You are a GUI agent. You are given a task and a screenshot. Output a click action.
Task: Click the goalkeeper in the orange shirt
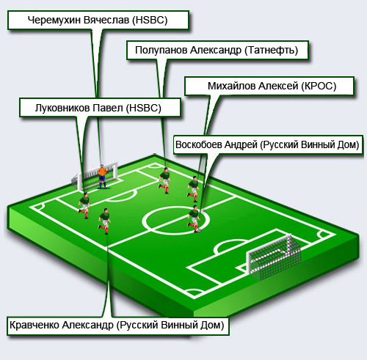tap(102, 177)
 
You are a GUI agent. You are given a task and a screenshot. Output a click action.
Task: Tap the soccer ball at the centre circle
tap(199, 230)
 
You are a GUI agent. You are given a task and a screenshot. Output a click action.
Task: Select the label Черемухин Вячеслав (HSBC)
tap(98, 20)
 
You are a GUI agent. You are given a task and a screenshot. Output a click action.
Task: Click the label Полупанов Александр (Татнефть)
tap(217, 50)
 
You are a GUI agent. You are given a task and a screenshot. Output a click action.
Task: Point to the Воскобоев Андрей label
tap(267, 144)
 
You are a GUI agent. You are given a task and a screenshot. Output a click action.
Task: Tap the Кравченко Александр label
tap(117, 326)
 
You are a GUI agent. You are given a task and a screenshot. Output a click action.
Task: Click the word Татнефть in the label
tap(272, 51)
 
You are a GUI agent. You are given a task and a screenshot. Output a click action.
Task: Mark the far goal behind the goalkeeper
tap(95, 177)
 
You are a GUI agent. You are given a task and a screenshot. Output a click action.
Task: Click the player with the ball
tap(194, 218)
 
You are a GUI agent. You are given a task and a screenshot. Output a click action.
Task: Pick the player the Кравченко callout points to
tap(105, 221)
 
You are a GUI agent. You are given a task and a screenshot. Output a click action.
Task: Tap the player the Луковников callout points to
tap(84, 205)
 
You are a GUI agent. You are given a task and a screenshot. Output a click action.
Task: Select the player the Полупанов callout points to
tap(164, 180)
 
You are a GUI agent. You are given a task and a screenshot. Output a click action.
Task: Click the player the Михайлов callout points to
tap(194, 189)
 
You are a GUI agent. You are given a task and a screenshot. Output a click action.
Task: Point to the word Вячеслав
tap(106, 20)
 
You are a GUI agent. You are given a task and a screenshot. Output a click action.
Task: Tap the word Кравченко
tap(34, 326)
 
